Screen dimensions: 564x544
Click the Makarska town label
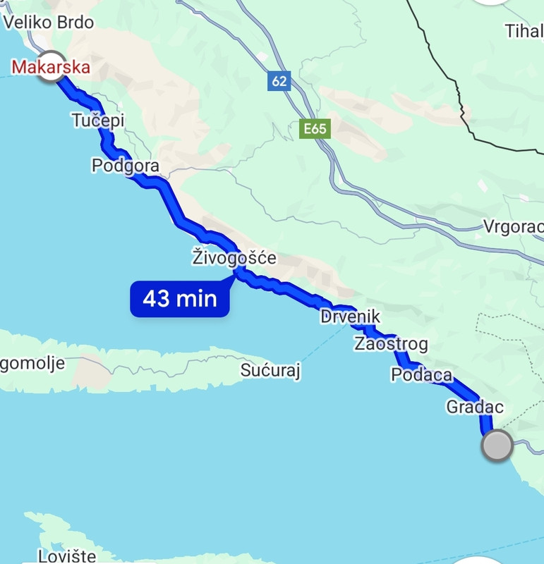coord(51,67)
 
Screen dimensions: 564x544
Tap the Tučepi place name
coord(98,121)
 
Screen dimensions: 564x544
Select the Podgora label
coord(125,166)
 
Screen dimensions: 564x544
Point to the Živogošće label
coord(234,258)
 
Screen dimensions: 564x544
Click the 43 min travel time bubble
coord(180,299)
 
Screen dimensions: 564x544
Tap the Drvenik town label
coord(350,317)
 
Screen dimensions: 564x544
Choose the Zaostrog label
coord(391,344)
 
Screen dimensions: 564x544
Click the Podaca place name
coord(421,375)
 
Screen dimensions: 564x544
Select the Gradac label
coord(475,407)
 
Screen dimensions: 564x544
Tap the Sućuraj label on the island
coord(270,371)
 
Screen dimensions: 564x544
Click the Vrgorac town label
coord(513,227)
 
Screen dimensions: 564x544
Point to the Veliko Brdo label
coord(48,23)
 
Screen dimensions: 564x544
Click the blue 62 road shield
coord(279,81)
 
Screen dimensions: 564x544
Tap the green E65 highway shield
coord(314,129)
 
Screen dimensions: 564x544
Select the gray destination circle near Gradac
coord(497,446)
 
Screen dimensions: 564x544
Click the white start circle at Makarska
coord(51,67)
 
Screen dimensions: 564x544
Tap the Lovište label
coord(66,556)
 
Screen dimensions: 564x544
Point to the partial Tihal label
coord(524,31)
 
